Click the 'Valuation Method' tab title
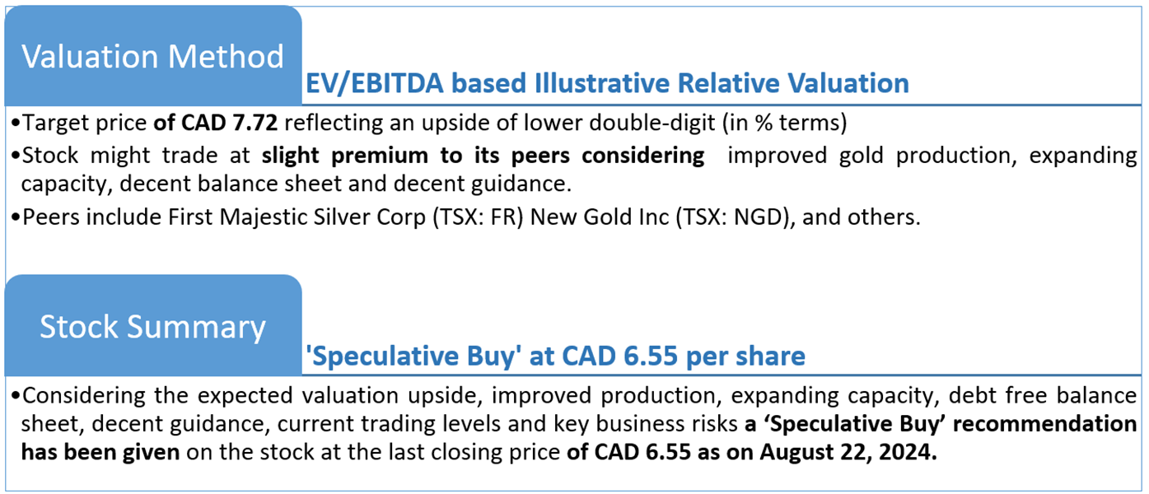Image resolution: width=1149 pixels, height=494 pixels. (152, 56)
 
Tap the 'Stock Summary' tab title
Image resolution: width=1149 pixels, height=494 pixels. (152, 327)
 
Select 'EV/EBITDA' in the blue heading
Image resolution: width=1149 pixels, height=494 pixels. (375, 84)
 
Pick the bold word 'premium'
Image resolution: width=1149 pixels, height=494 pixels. (380, 156)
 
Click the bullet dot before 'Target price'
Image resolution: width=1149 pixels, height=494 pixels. (15, 123)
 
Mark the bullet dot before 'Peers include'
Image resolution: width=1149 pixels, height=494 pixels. (15, 217)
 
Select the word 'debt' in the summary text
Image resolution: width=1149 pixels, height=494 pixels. (970, 395)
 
